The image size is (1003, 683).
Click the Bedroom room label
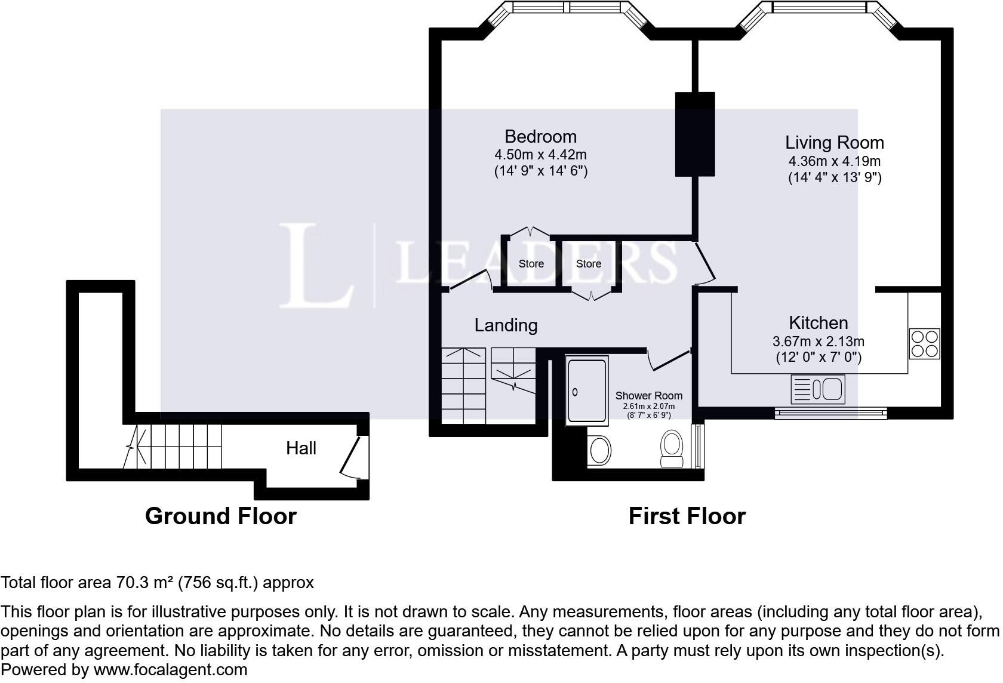pyautogui.click(x=540, y=137)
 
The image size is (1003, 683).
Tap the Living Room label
pyautogui.click(x=835, y=143)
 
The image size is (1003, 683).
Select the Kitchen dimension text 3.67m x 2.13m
pyautogui.click(x=818, y=341)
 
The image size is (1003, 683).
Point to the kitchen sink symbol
pyautogui.click(x=818, y=389)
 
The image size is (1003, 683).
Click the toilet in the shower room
pyautogui.click(x=672, y=448)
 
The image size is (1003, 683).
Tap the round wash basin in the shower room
pyautogui.click(x=599, y=450)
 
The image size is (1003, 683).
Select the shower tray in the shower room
pyautogui.click(x=587, y=390)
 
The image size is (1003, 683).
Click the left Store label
pyautogui.click(x=531, y=264)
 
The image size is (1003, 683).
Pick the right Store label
pyautogui.click(x=589, y=264)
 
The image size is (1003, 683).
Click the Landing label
pyautogui.click(x=506, y=325)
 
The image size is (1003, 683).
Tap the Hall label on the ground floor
pyautogui.click(x=301, y=448)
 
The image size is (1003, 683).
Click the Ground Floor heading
pyautogui.click(x=221, y=516)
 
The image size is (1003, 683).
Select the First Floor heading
pyautogui.click(x=687, y=516)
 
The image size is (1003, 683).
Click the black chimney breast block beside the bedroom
pyautogui.click(x=695, y=134)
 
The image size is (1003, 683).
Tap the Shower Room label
pyautogui.click(x=649, y=395)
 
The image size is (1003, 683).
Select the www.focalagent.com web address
pyautogui.click(x=171, y=669)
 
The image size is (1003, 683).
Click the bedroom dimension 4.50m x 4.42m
pyautogui.click(x=540, y=155)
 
